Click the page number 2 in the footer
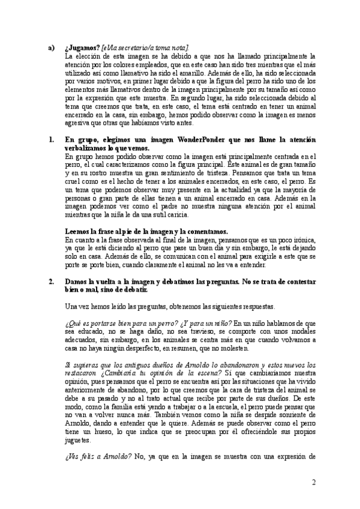tap(314, 482)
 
